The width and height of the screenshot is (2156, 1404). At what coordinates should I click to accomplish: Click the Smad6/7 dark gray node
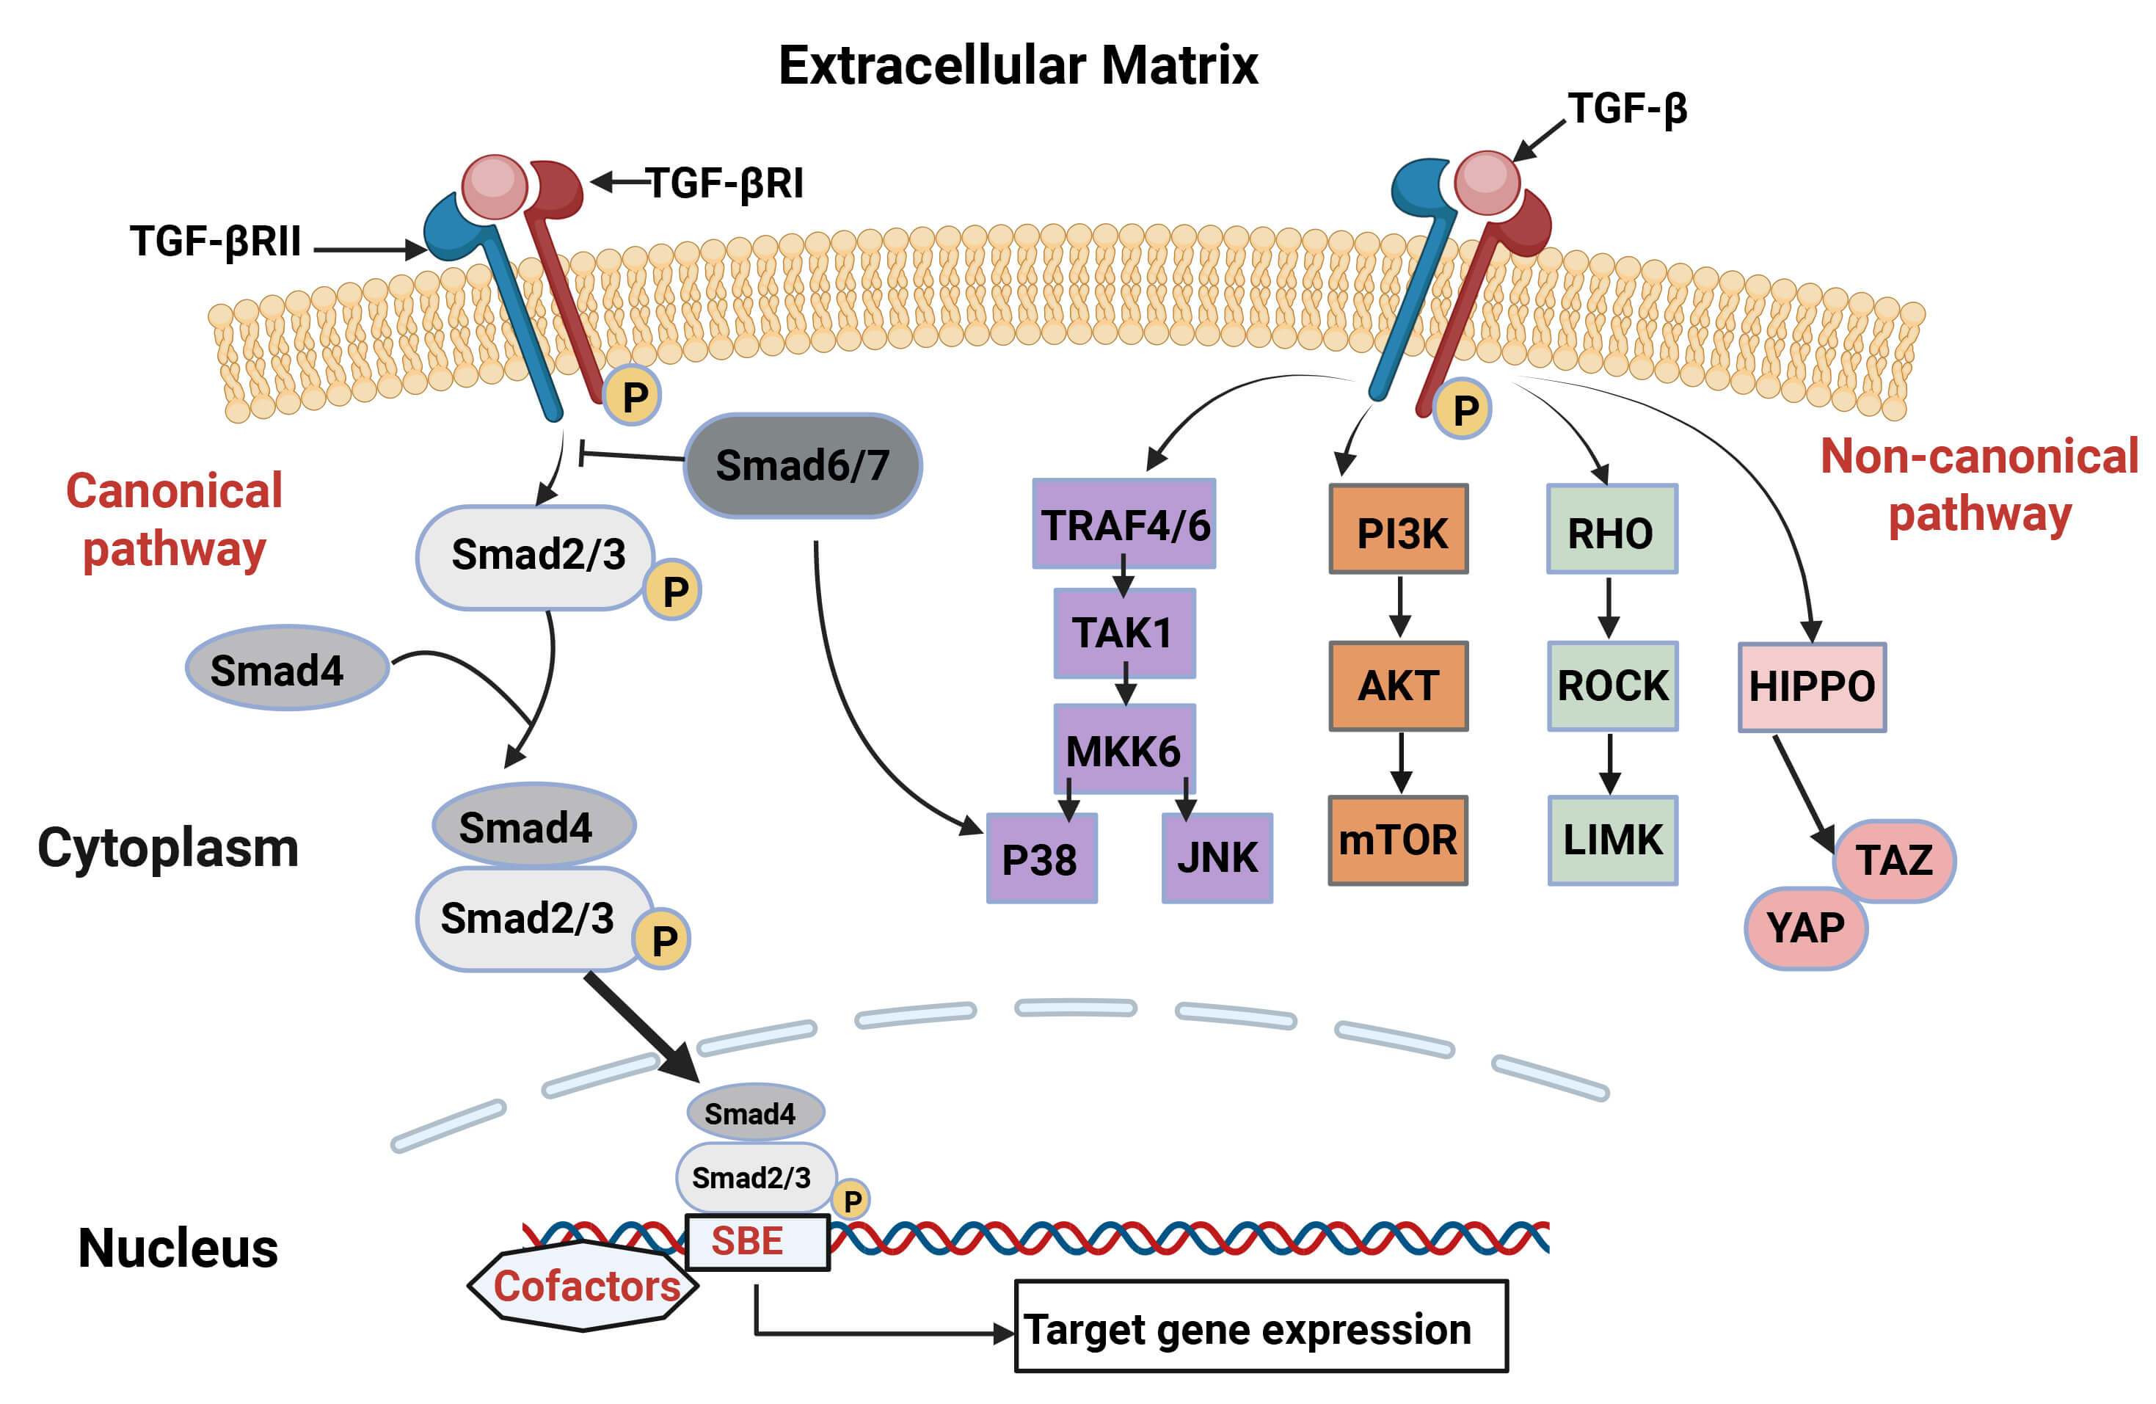(x=803, y=465)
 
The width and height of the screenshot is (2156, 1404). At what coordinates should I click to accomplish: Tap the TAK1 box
(x=1124, y=632)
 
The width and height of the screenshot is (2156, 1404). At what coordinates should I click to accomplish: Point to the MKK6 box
(x=1124, y=750)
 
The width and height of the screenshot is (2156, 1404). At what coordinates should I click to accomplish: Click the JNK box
(x=1217, y=858)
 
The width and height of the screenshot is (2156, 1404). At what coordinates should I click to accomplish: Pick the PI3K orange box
(x=1399, y=530)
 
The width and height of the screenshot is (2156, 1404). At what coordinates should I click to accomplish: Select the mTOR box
(x=1398, y=840)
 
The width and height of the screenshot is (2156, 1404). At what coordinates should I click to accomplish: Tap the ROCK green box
(x=1612, y=685)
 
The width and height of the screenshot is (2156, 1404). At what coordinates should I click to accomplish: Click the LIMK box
(x=1612, y=840)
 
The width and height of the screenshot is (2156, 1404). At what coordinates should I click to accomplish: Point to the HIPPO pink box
(x=1812, y=687)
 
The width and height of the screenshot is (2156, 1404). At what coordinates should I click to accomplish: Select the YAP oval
(x=1805, y=928)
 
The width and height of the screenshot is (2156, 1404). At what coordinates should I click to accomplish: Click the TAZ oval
(x=1894, y=860)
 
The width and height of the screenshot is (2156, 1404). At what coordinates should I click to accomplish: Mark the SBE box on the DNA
(x=757, y=1242)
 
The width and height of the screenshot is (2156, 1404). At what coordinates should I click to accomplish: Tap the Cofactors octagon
(x=584, y=1285)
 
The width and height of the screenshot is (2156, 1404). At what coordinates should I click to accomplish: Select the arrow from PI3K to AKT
(x=1399, y=607)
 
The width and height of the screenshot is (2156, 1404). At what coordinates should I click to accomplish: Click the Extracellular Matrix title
(x=1019, y=65)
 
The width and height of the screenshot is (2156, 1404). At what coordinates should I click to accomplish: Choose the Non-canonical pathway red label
(x=1979, y=484)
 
